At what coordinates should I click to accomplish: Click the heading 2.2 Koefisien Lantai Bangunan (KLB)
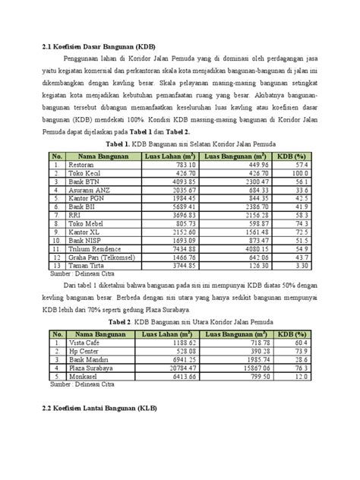pos(96,408)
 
